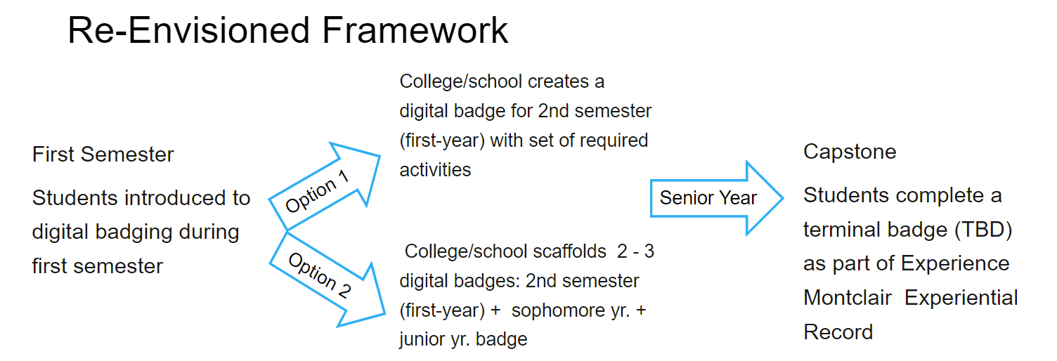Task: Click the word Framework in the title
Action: pyautogui.click(x=415, y=31)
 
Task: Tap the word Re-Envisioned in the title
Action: pyautogui.click(x=189, y=31)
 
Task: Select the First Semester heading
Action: pyautogui.click(x=103, y=154)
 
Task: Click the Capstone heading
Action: pyautogui.click(x=850, y=152)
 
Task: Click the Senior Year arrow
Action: pyautogui.click(x=716, y=198)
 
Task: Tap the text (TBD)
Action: pyautogui.click(x=984, y=230)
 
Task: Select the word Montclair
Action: pyautogui.click(x=848, y=298)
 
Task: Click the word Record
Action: pyautogui.click(x=838, y=332)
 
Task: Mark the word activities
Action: pyautogui.click(x=435, y=170)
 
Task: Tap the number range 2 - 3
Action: pyautogui.click(x=635, y=251)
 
